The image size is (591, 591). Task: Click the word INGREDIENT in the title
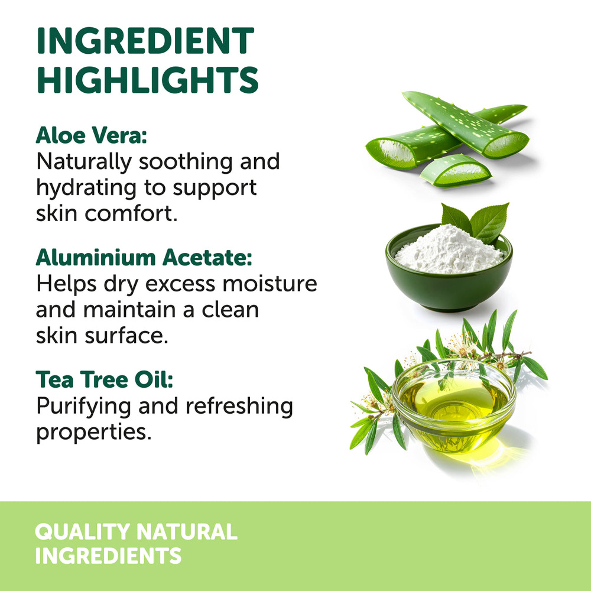pos(145,41)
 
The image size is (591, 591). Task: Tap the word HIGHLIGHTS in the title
pos(148,80)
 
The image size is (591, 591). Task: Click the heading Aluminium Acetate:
pos(144,258)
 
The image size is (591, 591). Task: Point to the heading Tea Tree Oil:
pos(105,379)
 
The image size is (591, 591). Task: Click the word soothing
pos(186,162)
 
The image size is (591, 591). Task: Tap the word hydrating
pos(86,188)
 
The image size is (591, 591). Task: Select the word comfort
pos(131,213)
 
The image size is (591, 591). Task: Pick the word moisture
pos(270,284)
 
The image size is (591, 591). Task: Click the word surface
pos(126,335)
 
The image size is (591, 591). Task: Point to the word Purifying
pos(85,407)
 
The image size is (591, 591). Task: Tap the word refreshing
pos(239,407)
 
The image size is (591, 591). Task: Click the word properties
pos(94,433)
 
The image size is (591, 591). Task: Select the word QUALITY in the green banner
pos(82,531)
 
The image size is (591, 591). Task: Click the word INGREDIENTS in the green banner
pos(108,556)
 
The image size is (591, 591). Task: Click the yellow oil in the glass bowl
pos(454,400)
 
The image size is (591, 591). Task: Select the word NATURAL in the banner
pos(187,531)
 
